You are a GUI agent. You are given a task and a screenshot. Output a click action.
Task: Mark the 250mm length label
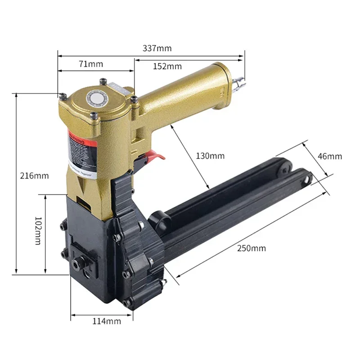(x=253, y=248)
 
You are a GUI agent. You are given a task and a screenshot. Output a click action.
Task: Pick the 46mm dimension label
(x=329, y=156)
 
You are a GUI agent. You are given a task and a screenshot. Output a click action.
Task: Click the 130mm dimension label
(x=210, y=156)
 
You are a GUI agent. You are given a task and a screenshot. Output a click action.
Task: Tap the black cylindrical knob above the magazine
(x=160, y=220)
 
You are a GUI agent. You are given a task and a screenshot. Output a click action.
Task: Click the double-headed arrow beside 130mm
(x=190, y=157)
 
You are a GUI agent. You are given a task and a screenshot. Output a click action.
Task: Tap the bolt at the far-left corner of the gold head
(x=63, y=95)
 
